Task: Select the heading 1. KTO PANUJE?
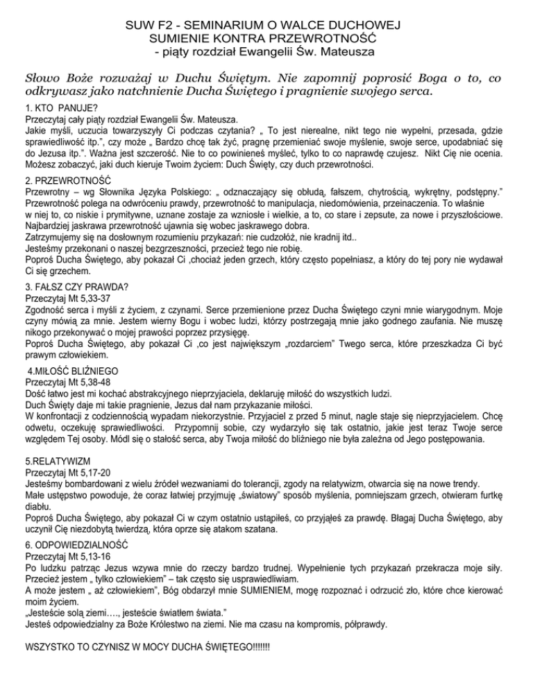point(58,108)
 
